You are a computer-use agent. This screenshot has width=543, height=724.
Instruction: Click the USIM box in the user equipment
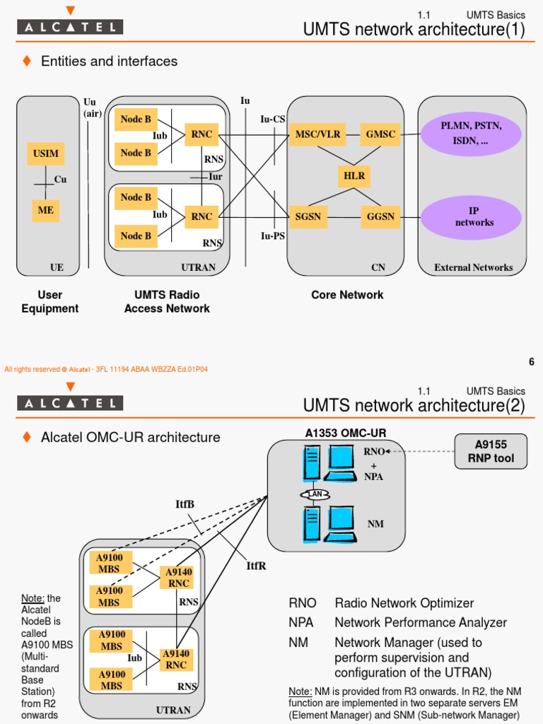coord(46,153)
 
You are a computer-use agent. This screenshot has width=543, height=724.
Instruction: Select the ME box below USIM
coord(46,210)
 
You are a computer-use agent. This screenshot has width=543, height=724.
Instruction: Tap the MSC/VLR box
coord(317,134)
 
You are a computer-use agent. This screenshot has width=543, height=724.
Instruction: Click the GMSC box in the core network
coord(380,134)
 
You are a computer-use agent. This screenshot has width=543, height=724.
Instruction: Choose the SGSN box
coord(308,216)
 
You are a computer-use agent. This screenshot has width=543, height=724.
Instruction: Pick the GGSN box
coord(380,216)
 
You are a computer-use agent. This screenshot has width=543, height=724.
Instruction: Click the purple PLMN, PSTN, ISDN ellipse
coord(471,134)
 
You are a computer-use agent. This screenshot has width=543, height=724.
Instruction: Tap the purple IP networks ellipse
coord(474,217)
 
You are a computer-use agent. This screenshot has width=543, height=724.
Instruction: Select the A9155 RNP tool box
coord(491,451)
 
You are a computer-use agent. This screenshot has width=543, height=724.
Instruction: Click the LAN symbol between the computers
coord(313,494)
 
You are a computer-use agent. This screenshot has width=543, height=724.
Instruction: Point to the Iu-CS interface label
coord(273,119)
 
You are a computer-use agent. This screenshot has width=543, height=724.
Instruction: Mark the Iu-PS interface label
coord(273,236)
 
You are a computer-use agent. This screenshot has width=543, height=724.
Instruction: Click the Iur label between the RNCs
coord(215,177)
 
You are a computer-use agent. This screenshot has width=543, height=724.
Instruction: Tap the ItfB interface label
coord(185,504)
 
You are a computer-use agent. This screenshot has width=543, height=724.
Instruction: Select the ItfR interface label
coord(256,566)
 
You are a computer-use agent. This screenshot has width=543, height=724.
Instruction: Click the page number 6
coord(531,362)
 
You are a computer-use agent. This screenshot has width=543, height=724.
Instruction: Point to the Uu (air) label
coord(92,107)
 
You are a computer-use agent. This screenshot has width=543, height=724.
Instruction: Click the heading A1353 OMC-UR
coord(346,433)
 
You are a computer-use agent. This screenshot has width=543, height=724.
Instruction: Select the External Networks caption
coord(473,267)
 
